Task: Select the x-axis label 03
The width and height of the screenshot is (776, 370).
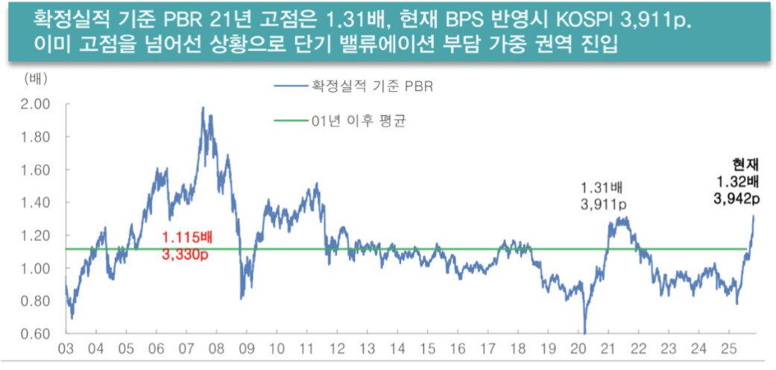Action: click(x=66, y=348)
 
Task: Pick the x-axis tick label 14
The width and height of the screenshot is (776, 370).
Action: click(x=400, y=348)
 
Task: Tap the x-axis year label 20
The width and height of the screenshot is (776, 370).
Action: click(x=582, y=348)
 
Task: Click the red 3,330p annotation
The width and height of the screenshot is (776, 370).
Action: click(x=187, y=254)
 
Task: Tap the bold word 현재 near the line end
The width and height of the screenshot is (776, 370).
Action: click(x=746, y=166)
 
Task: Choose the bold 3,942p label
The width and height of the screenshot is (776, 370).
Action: click(x=738, y=198)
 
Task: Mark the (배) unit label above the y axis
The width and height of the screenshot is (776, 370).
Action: click(x=35, y=78)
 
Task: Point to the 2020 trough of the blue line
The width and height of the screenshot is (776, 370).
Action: click(x=585, y=333)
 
